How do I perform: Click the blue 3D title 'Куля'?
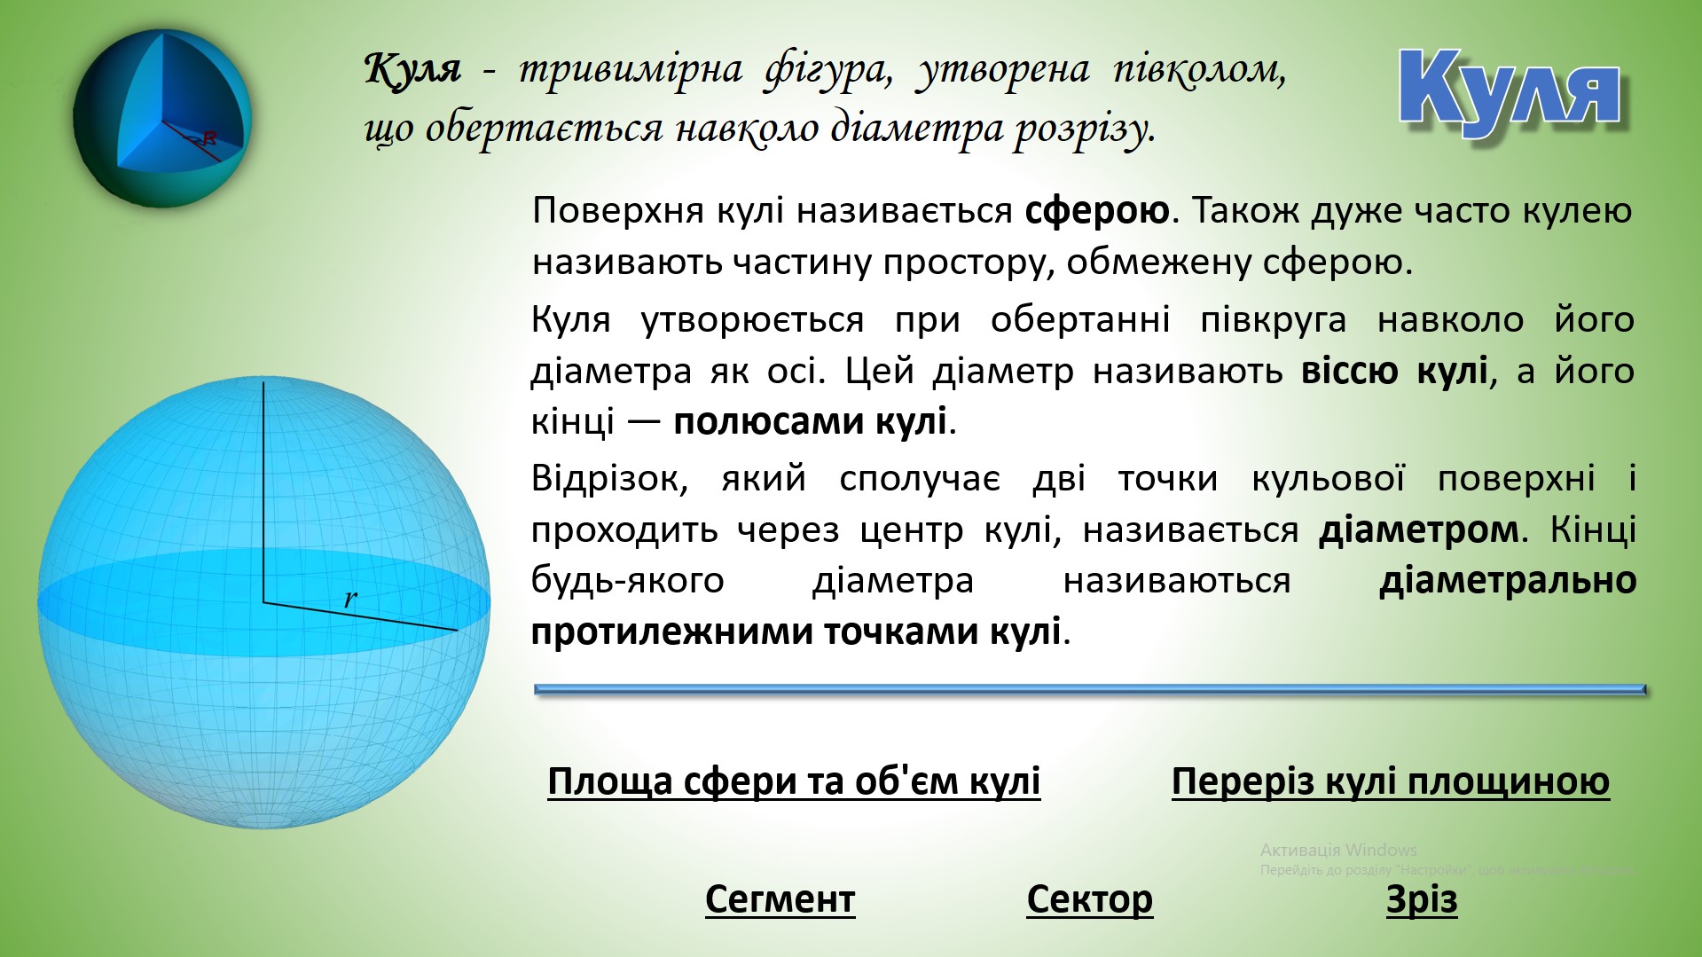click(1510, 90)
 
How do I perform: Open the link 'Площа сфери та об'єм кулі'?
click(793, 781)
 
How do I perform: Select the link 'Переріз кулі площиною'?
click(1390, 781)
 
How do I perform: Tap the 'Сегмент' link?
click(780, 899)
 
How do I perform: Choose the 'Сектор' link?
click(1089, 899)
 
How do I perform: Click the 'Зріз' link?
click(1421, 899)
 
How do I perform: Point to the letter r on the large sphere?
click(350, 599)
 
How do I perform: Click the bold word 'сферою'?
click(1097, 211)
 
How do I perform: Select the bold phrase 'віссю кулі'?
click(1393, 371)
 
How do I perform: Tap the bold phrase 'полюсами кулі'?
click(809, 421)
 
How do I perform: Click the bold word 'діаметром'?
click(1418, 530)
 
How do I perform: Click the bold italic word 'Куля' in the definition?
click(412, 68)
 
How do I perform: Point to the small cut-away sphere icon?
click(162, 118)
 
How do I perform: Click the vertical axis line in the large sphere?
click(263, 488)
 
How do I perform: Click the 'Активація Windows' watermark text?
click(1337, 850)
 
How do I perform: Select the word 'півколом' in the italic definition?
click(1198, 68)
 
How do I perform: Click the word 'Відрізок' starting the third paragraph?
click(609, 479)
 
